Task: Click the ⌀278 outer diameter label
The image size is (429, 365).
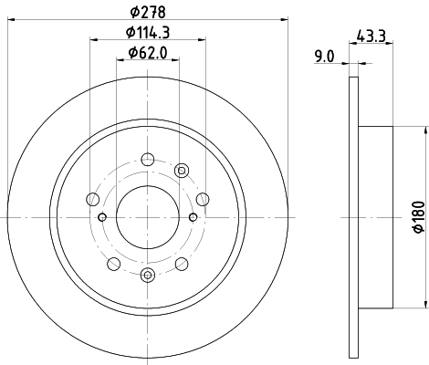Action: [148, 12]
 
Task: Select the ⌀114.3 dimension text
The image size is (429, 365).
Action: [148, 32]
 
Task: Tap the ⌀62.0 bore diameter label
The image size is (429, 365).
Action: [148, 53]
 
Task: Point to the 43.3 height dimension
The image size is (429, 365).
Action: [371, 36]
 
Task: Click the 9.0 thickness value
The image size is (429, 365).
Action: [324, 57]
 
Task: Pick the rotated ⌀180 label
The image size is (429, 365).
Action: [419, 217]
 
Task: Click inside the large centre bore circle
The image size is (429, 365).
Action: [148, 217]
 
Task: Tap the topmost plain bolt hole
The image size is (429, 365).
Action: [148, 160]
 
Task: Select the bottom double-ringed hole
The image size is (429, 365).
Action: [148, 275]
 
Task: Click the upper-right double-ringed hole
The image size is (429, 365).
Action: [182, 171]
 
